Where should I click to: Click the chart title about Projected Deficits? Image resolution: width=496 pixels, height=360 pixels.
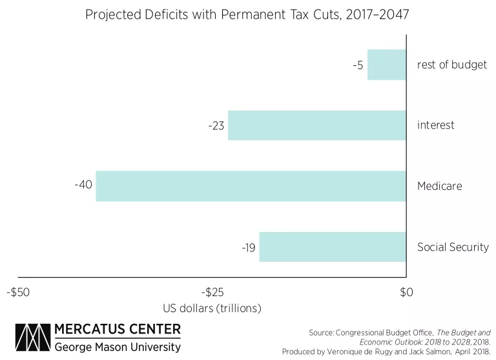pyautogui.click(x=248, y=14)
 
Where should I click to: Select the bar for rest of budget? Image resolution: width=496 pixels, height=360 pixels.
pyautogui.click(x=387, y=65)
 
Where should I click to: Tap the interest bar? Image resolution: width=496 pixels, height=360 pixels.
pyautogui.click(x=317, y=125)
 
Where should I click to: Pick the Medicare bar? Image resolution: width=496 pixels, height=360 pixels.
pyautogui.click(x=251, y=186)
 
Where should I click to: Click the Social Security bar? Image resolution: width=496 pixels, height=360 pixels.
pyautogui.click(x=333, y=247)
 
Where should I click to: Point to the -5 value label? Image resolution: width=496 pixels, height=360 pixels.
pyautogui.click(x=357, y=65)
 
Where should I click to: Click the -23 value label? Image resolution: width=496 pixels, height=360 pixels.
pyautogui.click(x=216, y=126)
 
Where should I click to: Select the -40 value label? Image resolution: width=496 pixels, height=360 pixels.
pyautogui.click(x=84, y=185)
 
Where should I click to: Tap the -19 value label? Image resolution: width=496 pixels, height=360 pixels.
pyautogui.click(x=248, y=248)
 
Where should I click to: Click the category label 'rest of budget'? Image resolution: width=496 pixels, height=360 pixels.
pyautogui.click(x=451, y=65)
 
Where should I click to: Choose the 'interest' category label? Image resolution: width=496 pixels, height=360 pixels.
pyautogui.click(x=436, y=125)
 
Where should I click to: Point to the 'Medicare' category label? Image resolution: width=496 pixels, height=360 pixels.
pyautogui.click(x=440, y=186)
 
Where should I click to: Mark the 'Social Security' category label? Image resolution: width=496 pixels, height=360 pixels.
pyautogui.click(x=453, y=247)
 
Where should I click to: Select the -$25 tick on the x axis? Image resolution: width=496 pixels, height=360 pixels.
pyautogui.click(x=212, y=292)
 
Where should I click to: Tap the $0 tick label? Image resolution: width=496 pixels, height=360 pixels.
pyautogui.click(x=406, y=292)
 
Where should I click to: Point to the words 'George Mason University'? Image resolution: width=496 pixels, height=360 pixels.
pyautogui.click(x=118, y=347)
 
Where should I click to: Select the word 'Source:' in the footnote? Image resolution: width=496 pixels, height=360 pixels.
pyautogui.click(x=320, y=332)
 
